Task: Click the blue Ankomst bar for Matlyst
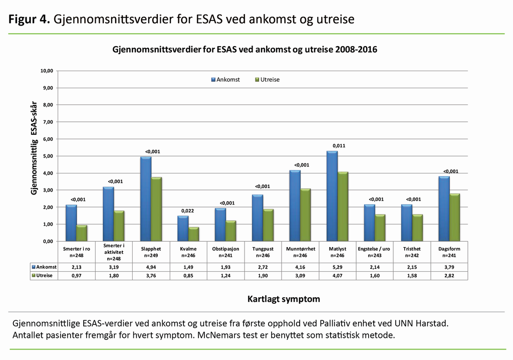point(332,196)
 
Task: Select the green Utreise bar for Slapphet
point(157,209)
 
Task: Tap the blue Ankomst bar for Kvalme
point(183,229)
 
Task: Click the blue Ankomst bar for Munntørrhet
point(295,206)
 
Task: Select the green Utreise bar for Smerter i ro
point(82,233)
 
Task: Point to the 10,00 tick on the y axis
point(46,71)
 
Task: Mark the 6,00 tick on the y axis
point(47,139)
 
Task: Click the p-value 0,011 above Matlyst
point(339,146)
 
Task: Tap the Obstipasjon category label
point(225,248)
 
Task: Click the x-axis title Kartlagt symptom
point(283,299)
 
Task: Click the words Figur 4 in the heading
point(28,19)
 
